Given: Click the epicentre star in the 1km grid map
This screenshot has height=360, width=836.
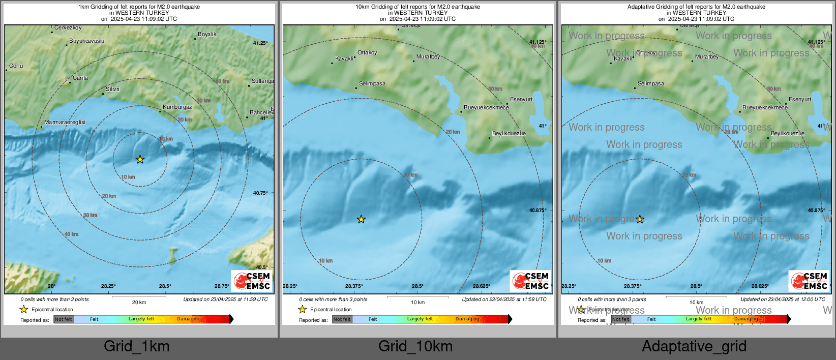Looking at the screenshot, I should (140, 160).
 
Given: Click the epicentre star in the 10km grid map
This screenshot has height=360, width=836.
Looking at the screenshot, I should (361, 220).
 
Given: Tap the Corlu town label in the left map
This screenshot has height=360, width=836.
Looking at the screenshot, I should (16, 66).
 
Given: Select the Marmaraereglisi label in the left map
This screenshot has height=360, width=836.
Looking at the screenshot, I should (65, 123).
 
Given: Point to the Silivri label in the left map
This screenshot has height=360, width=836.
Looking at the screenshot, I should (112, 89).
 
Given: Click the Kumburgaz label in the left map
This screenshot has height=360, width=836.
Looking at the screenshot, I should (177, 107).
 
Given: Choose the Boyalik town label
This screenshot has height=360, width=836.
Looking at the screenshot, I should (207, 35).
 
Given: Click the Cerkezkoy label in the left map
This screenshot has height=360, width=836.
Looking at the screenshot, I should (68, 28).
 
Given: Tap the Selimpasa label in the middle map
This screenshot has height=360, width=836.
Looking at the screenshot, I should (372, 84).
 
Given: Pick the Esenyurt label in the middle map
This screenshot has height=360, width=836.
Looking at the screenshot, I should (521, 100).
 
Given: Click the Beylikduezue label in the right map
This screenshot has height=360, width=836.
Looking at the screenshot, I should (788, 134).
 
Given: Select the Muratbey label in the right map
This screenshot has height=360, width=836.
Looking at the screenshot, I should (707, 57).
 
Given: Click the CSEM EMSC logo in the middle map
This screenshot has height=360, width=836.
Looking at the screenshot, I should (530, 281).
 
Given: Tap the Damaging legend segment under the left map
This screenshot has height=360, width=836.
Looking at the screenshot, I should (189, 319).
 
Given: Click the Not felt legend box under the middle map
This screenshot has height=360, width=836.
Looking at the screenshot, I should (342, 319).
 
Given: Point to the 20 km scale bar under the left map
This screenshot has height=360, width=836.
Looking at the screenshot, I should (139, 297).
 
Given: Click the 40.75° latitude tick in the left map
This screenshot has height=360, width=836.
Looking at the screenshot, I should (260, 193).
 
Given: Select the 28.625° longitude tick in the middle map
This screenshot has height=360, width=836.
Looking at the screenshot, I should (481, 286).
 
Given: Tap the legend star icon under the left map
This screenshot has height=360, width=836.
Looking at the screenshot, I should (23, 309).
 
